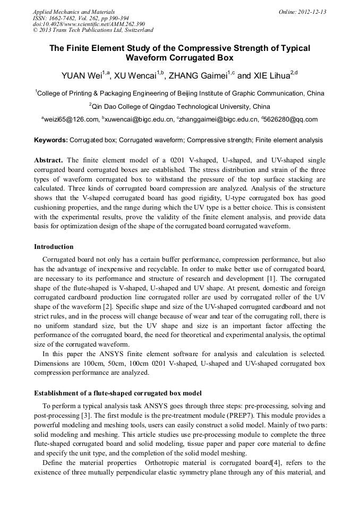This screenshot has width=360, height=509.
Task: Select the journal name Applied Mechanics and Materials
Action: tap(74, 12)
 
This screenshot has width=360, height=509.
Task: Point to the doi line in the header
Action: tap(89, 24)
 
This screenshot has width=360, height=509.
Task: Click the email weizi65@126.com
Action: tap(72, 120)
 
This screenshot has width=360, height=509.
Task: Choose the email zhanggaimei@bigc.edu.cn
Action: tap(218, 120)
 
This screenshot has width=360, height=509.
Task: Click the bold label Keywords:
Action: tap(51, 141)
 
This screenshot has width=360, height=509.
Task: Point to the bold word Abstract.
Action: tap(49, 160)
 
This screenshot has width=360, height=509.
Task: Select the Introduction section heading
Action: tap(54, 247)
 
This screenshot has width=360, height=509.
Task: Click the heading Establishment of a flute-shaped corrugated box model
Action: tap(118, 393)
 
